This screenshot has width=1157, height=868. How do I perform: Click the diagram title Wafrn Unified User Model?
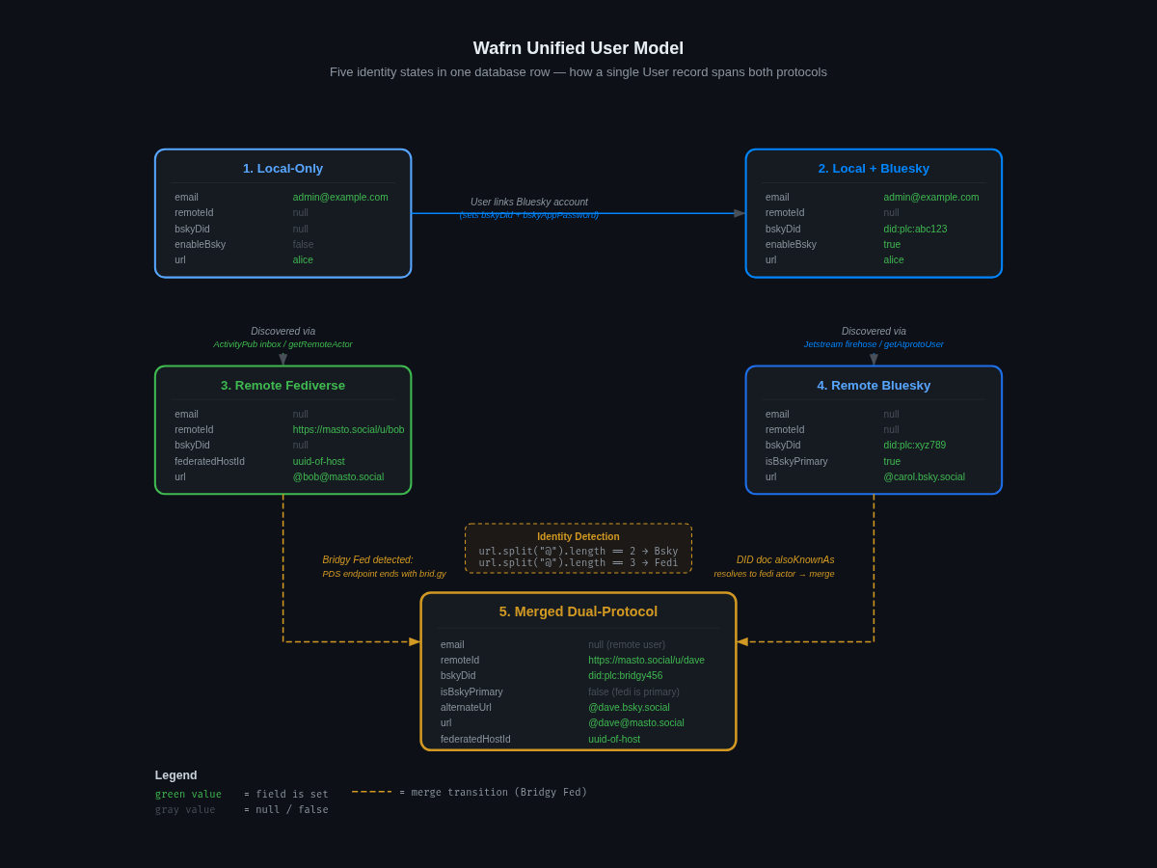point(578,48)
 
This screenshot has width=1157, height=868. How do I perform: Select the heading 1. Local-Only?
point(283,169)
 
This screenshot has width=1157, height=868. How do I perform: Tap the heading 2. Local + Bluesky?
point(874,169)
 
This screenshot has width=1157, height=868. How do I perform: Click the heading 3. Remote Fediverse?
point(283,386)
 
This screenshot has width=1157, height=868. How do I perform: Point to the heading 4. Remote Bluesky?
point(874,386)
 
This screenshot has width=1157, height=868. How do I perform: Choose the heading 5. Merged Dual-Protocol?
point(578,611)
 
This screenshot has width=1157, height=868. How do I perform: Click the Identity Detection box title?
point(578,537)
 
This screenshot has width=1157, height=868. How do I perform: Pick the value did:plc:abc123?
point(915,229)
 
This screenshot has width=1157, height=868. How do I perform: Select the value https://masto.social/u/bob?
point(348,430)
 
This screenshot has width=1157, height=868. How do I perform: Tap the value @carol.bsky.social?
point(924,476)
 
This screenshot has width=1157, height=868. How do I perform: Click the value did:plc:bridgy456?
point(625,675)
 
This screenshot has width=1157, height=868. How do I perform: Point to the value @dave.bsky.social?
point(629,707)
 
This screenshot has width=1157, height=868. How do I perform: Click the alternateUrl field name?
point(466,707)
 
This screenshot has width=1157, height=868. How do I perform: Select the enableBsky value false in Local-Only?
point(303,244)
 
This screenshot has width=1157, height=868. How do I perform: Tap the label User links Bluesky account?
point(529,203)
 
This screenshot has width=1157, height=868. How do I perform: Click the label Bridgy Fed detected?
point(367,560)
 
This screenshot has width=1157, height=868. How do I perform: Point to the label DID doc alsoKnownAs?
point(785,560)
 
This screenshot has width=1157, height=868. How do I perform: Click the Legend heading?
point(175,775)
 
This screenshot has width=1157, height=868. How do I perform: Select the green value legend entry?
point(188,795)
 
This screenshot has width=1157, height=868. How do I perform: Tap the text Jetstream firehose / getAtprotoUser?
point(874,344)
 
